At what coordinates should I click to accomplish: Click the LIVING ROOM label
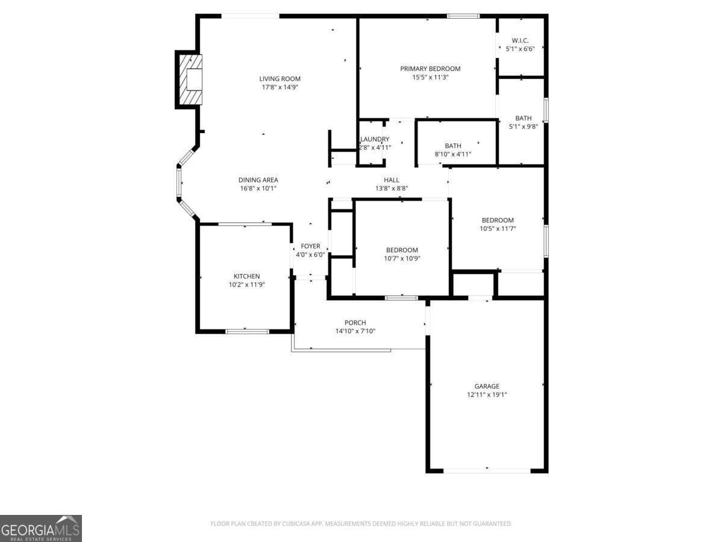280,78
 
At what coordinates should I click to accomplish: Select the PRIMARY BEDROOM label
430,69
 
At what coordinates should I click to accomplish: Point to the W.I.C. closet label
520,40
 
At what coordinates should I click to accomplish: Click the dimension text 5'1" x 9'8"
523,126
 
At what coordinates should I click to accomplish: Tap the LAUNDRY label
375,139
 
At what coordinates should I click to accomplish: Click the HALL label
392,180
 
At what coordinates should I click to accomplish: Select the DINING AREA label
258,179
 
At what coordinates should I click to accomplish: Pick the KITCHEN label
247,276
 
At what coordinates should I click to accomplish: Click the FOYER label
310,246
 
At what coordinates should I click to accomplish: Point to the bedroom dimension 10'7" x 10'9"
402,258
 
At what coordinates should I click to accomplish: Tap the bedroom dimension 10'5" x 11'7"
497,228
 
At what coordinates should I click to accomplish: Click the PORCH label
355,323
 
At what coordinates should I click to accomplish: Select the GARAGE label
486,386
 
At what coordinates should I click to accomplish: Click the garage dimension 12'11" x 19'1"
486,394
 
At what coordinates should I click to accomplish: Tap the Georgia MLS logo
40,528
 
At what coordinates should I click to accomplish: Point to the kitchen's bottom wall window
247,331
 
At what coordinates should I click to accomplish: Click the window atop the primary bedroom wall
463,16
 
